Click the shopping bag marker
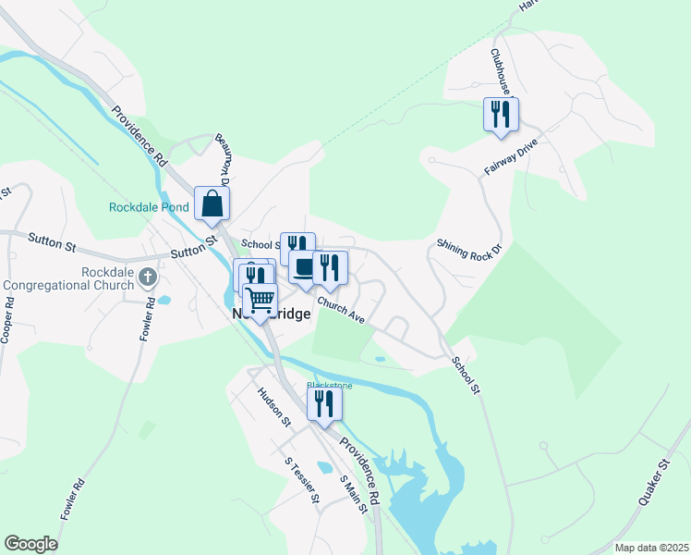click(x=212, y=204)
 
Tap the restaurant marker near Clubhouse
click(x=501, y=115)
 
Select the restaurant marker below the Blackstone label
click(x=324, y=403)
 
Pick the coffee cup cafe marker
click(x=304, y=267)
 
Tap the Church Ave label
click(x=342, y=309)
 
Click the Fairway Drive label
click(x=510, y=158)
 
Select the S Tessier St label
click(x=302, y=479)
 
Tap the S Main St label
click(x=348, y=494)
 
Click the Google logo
click(x=30, y=544)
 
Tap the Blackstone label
click(x=324, y=384)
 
